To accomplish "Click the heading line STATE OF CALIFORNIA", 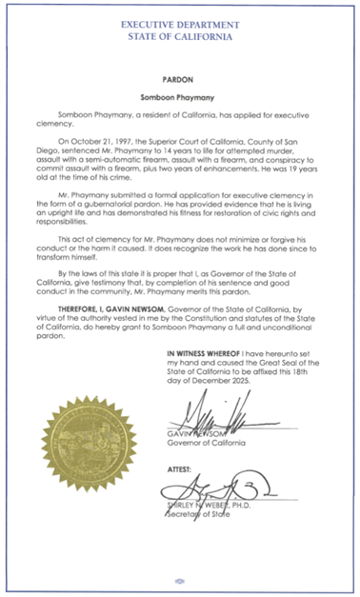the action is tap(180, 33).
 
